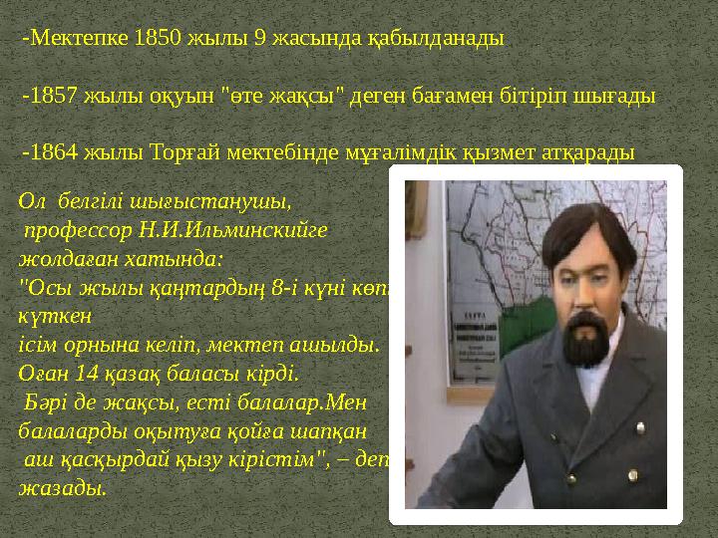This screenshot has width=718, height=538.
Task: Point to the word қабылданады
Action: pos(453,40)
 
